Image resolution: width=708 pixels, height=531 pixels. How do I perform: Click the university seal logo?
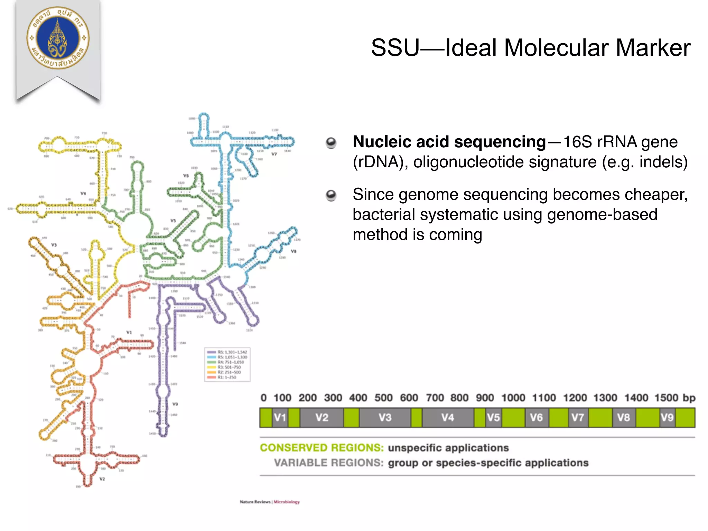(x=58, y=38)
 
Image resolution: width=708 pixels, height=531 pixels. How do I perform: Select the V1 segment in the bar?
(x=280, y=418)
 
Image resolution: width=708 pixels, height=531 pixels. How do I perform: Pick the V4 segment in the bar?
(x=448, y=418)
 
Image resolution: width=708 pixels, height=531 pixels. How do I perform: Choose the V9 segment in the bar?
(x=667, y=418)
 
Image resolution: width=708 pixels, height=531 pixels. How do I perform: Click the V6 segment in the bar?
(x=537, y=418)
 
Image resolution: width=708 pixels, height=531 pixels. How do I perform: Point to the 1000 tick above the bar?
(x=513, y=398)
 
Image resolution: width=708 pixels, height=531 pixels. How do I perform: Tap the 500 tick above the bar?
(x=383, y=398)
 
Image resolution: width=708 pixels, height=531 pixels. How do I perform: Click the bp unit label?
(x=689, y=398)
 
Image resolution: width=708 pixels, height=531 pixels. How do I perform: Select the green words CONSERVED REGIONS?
(x=322, y=448)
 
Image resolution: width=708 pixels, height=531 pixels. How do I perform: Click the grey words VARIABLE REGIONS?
(x=329, y=463)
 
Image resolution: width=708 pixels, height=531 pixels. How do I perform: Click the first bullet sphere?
(x=331, y=143)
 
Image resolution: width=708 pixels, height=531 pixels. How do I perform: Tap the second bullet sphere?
(x=331, y=195)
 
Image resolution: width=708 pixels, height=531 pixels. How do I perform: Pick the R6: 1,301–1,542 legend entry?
(x=228, y=352)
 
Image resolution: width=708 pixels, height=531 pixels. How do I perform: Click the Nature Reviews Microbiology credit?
(x=270, y=502)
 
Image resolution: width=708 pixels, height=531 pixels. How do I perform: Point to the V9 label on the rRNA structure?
(x=175, y=404)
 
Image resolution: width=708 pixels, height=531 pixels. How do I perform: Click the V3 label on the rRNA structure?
(x=54, y=245)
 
